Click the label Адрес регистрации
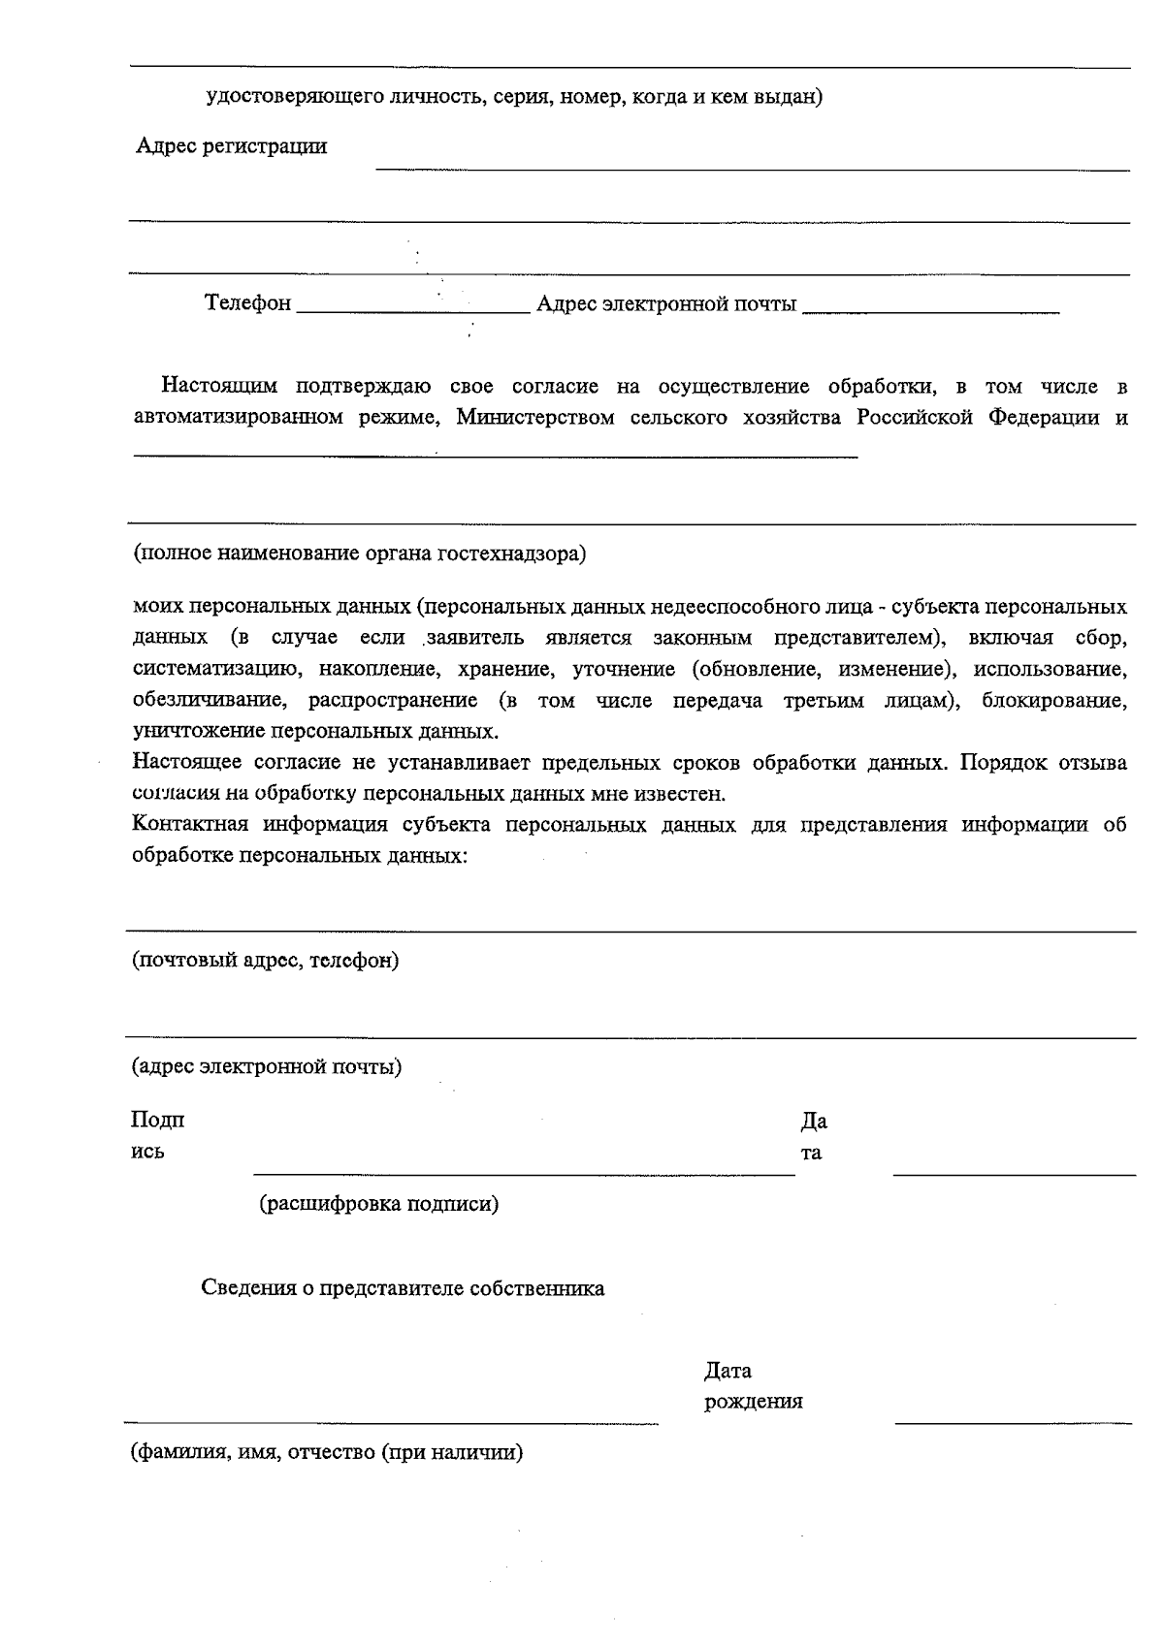coord(231,146)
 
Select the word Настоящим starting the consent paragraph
coord(219,387)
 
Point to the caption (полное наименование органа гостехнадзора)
coord(359,554)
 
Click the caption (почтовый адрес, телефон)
coord(265,961)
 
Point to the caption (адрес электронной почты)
coord(267,1067)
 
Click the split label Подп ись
coord(157,1136)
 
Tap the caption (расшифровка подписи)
coord(378,1204)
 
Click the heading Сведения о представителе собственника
coord(403,1288)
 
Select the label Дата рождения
coord(752,1386)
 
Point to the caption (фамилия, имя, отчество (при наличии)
coord(327,1453)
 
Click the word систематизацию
coord(213,669)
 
